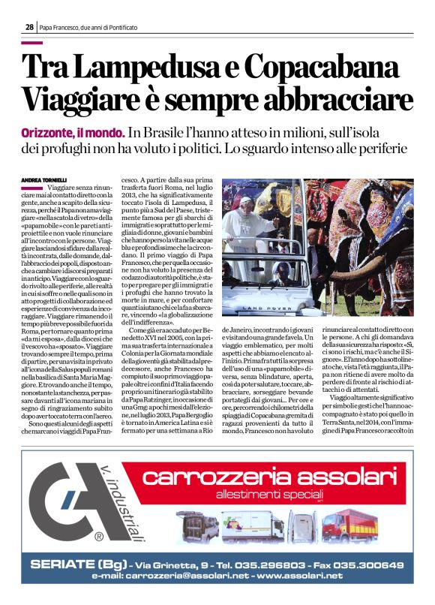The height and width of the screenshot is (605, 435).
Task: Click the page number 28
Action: pyautogui.click(x=28, y=26)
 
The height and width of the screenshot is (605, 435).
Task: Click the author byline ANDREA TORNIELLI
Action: pyautogui.click(x=46, y=181)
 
